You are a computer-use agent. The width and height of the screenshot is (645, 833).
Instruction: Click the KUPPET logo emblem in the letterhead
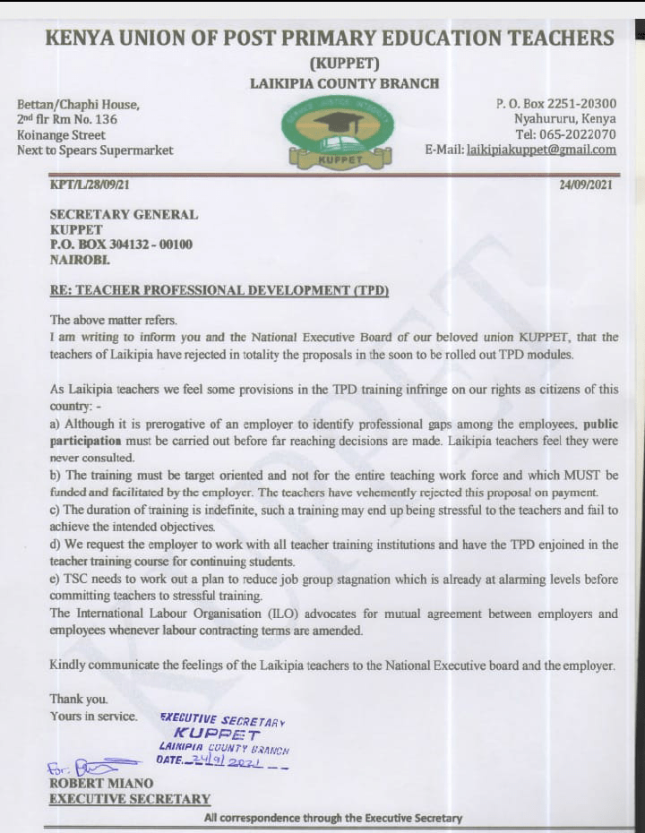coord(336,133)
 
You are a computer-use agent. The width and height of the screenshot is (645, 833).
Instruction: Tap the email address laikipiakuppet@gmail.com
coord(541,150)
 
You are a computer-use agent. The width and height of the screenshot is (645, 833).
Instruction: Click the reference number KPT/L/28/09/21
coord(96,185)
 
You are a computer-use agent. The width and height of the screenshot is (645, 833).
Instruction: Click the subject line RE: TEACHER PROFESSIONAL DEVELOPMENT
coord(219,291)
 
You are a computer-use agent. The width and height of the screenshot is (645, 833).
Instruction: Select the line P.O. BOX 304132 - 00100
coord(121,245)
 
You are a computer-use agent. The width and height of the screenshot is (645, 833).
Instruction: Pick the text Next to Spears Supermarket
coord(95,150)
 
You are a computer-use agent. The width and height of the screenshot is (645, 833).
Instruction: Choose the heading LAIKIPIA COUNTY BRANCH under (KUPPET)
coord(344,83)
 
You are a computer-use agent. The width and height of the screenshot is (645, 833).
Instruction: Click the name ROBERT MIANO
coord(101,784)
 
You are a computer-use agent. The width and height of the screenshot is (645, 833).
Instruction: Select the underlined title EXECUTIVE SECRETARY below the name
coord(130,799)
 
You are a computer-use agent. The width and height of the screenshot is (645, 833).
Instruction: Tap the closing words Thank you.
coord(79,700)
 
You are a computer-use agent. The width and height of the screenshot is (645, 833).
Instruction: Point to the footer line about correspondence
coord(333,817)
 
